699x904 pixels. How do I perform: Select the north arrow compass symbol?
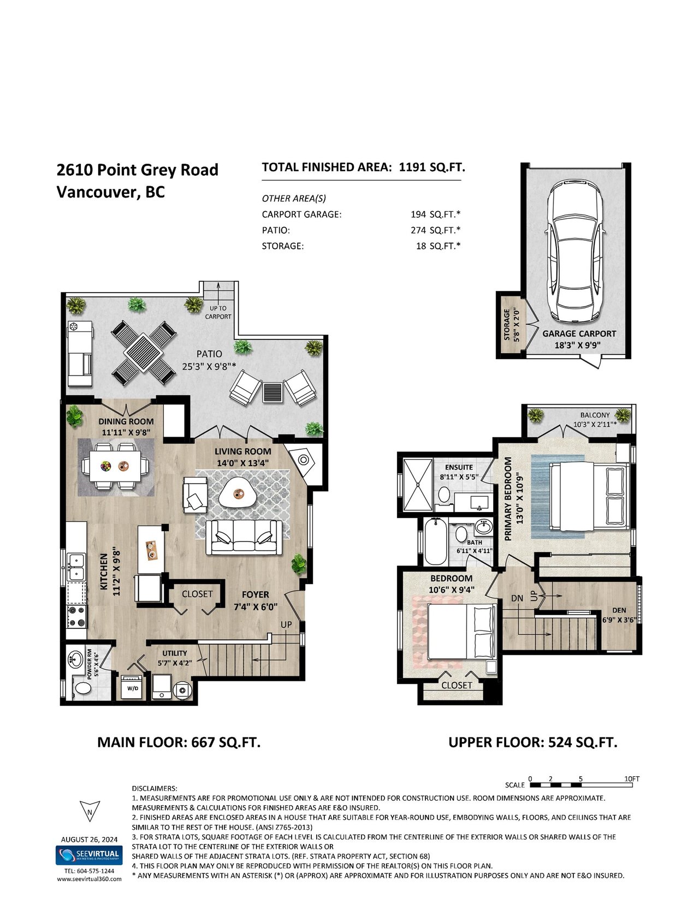[x=90, y=811]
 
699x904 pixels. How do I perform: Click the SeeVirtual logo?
[x=89, y=855]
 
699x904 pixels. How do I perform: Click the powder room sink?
[x=76, y=659]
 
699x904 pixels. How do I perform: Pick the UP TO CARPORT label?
[x=218, y=312]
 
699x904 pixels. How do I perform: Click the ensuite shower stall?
[x=418, y=484]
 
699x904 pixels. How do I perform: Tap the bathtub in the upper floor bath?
[x=435, y=541]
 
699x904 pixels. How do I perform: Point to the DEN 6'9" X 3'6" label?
[x=619, y=615]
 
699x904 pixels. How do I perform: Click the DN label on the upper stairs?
[x=517, y=598]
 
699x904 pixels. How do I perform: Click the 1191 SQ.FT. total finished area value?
[x=432, y=167]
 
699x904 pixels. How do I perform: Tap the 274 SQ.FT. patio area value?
[x=436, y=230]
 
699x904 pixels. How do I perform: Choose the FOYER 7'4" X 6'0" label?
[x=256, y=600]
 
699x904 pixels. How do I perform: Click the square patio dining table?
[x=143, y=354]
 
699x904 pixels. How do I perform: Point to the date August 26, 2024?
[x=89, y=840]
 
